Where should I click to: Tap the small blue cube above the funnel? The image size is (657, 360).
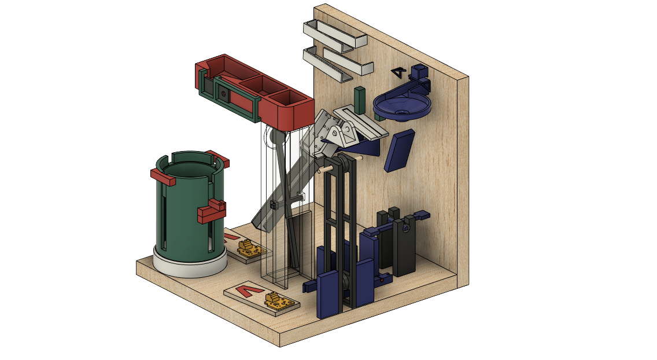(419, 73)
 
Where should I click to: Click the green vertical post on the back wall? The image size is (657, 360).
(360, 100)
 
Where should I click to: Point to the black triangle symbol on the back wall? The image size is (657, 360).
(398, 73)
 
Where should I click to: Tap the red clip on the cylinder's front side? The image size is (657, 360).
(211, 212)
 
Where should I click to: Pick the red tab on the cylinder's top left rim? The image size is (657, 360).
(163, 177)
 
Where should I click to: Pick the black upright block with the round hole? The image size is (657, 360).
(405, 243)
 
